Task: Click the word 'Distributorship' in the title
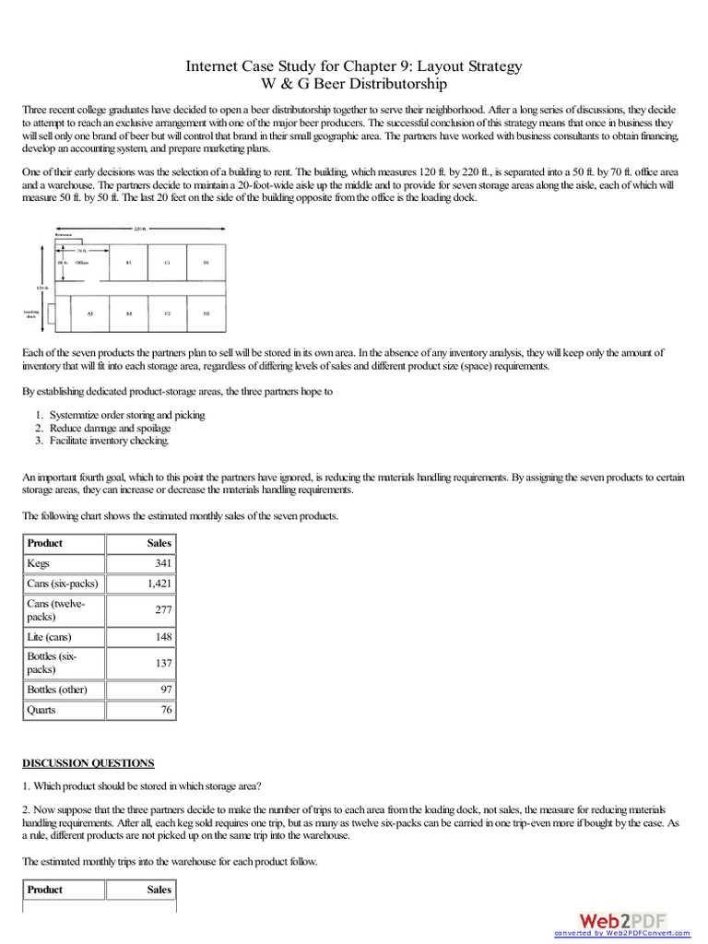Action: [x=397, y=85]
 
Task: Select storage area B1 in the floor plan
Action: [x=128, y=263]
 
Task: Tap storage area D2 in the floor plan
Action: [x=206, y=314]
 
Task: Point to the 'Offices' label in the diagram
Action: [x=81, y=263]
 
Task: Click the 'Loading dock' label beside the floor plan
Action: [x=30, y=314]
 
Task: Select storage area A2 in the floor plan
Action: [x=89, y=314]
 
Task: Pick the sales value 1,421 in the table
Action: [x=159, y=584]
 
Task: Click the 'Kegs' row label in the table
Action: [x=40, y=562]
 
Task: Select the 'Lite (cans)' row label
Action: [x=50, y=636]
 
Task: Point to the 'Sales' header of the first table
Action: [x=159, y=543]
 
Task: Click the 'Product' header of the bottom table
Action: [x=45, y=890]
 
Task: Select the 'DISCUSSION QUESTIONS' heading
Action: [x=88, y=763]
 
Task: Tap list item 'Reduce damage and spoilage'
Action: [x=110, y=428]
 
